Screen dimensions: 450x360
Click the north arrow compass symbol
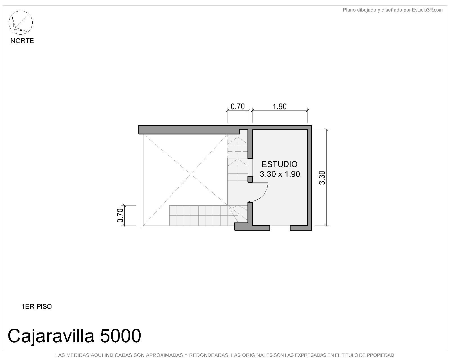click(21, 22)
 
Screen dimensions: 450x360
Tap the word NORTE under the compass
click(22, 40)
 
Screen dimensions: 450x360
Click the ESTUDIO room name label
click(279, 164)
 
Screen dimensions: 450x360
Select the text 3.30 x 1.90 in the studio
click(280, 174)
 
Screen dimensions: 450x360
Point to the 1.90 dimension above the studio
click(280, 107)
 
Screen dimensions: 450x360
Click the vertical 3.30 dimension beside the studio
click(322, 177)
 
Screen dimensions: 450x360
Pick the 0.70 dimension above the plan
click(238, 107)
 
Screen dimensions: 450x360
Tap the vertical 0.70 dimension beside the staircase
click(120, 215)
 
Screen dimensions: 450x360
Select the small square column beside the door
click(250, 179)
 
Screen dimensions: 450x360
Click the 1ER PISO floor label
click(37, 307)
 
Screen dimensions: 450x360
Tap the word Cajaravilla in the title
click(51, 336)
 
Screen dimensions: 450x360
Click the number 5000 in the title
click(120, 336)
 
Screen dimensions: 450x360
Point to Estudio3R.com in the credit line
click(427, 10)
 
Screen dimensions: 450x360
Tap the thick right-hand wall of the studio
click(310, 178)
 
